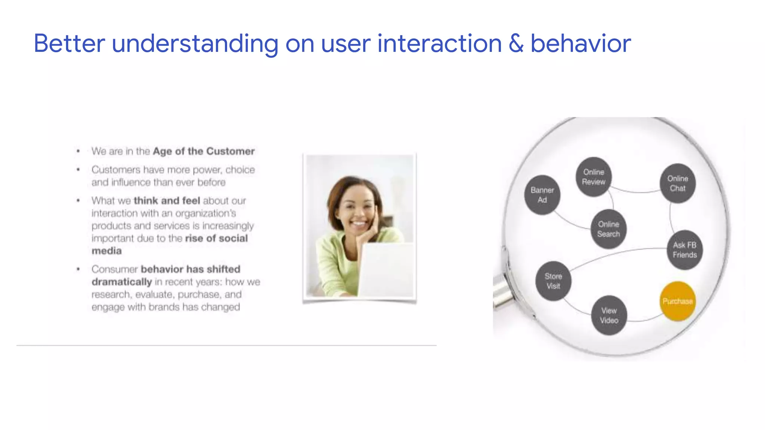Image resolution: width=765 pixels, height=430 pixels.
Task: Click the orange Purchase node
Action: click(677, 301)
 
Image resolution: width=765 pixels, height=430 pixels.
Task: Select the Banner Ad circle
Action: click(542, 195)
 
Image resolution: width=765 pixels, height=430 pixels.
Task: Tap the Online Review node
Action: click(594, 177)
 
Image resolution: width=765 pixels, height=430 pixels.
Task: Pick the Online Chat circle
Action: click(678, 183)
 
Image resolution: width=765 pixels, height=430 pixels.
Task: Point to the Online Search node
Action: click(608, 229)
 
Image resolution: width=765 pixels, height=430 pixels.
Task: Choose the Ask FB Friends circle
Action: click(685, 250)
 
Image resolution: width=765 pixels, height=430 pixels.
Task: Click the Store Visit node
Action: click(553, 281)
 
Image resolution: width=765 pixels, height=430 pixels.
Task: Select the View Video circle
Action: click(609, 315)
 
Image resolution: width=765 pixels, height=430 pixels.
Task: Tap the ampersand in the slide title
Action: click(516, 44)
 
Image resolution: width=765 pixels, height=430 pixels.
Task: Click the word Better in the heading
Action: click(69, 44)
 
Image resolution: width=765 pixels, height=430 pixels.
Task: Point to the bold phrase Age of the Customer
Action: click(204, 151)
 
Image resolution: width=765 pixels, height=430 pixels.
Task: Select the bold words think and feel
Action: click(167, 201)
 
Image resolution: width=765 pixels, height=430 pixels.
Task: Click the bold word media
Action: click(106, 251)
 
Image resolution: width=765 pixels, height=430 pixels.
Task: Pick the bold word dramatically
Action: click(122, 282)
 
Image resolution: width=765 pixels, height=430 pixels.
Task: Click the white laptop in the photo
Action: click(387, 269)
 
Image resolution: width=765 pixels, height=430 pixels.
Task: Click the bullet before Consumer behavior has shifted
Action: click(78, 269)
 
